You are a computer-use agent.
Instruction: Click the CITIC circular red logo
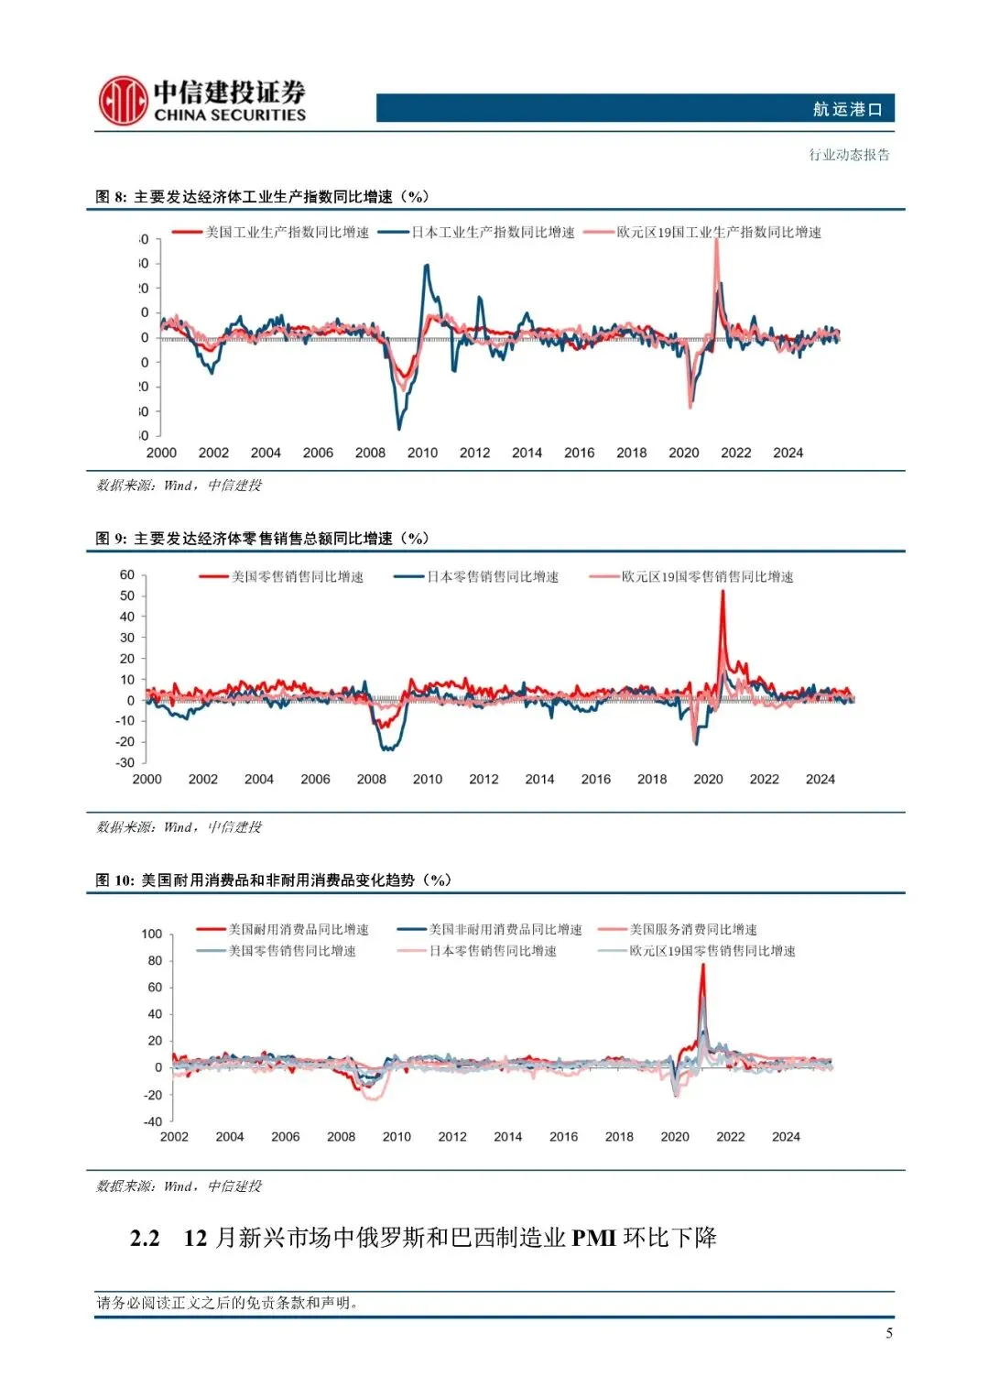pyautogui.click(x=123, y=101)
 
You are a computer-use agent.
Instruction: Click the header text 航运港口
pyautogui.click(x=847, y=109)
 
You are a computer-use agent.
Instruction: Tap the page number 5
pyautogui.click(x=888, y=1333)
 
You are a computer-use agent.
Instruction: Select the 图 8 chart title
pyautogui.click(x=262, y=197)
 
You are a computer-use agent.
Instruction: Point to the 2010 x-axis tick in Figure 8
pyautogui.click(x=422, y=453)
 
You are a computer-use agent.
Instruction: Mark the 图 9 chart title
pyautogui.click(x=262, y=539)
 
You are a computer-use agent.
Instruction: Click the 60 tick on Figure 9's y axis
pyautogui.click(x=127, y=575)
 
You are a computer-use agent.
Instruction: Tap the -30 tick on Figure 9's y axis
pyautogui.click(x=125, y=762)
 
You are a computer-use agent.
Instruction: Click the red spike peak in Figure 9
pyautogui.click(x=723, y=593)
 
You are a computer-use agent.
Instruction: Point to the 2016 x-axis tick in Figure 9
pyautogui.click(x=595, y=780)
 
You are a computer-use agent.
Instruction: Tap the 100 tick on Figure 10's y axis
pyautogui.click(x=151, y=934)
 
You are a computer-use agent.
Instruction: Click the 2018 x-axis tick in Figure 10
pyautogui.click(x=619, y=1137)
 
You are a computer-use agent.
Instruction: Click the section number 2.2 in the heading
pyautogui.click(x=145, y=1239)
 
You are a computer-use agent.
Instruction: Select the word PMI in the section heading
pyautogui.click(x=593, y=1239)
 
